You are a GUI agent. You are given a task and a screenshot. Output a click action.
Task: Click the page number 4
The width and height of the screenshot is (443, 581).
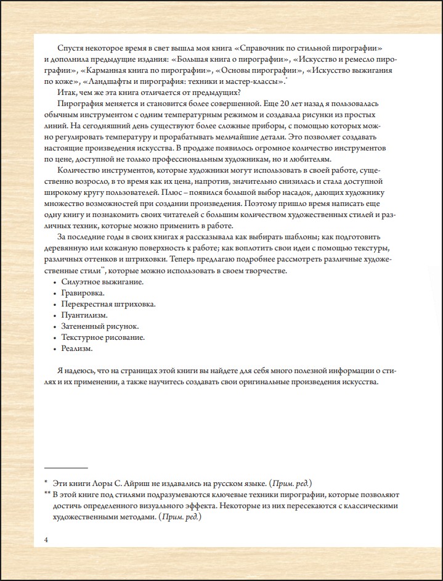coord(46,540)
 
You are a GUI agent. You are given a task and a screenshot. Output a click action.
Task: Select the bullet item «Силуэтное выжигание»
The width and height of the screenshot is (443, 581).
coord(102,282)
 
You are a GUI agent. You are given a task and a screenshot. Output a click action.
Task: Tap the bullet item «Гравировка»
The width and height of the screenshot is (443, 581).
coord(83,293)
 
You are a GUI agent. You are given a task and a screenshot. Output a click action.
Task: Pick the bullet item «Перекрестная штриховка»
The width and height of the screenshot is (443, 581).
coord(108,304)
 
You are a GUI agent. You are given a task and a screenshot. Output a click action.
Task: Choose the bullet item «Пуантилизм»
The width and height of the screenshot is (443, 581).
coord(84,315)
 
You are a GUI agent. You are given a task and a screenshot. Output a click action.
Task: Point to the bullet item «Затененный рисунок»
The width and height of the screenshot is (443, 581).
coord(99,326)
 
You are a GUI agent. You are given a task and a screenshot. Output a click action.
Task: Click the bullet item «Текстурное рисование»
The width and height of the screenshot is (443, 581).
coord(103,337)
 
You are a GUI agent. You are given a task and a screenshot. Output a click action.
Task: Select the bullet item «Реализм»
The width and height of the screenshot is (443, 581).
coord(77,348)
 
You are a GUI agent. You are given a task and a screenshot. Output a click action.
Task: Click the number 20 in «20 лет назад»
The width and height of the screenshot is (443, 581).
coord(296,104)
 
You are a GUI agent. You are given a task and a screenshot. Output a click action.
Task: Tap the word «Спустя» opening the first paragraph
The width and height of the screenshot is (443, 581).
coord(70,48)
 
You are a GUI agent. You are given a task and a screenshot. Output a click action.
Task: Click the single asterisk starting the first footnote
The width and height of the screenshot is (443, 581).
coord(46,482)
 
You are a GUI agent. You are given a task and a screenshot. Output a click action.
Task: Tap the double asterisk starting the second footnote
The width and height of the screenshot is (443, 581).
coord(47,494)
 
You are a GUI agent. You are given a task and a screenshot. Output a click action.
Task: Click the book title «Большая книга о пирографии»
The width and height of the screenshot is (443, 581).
coord(233,59)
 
